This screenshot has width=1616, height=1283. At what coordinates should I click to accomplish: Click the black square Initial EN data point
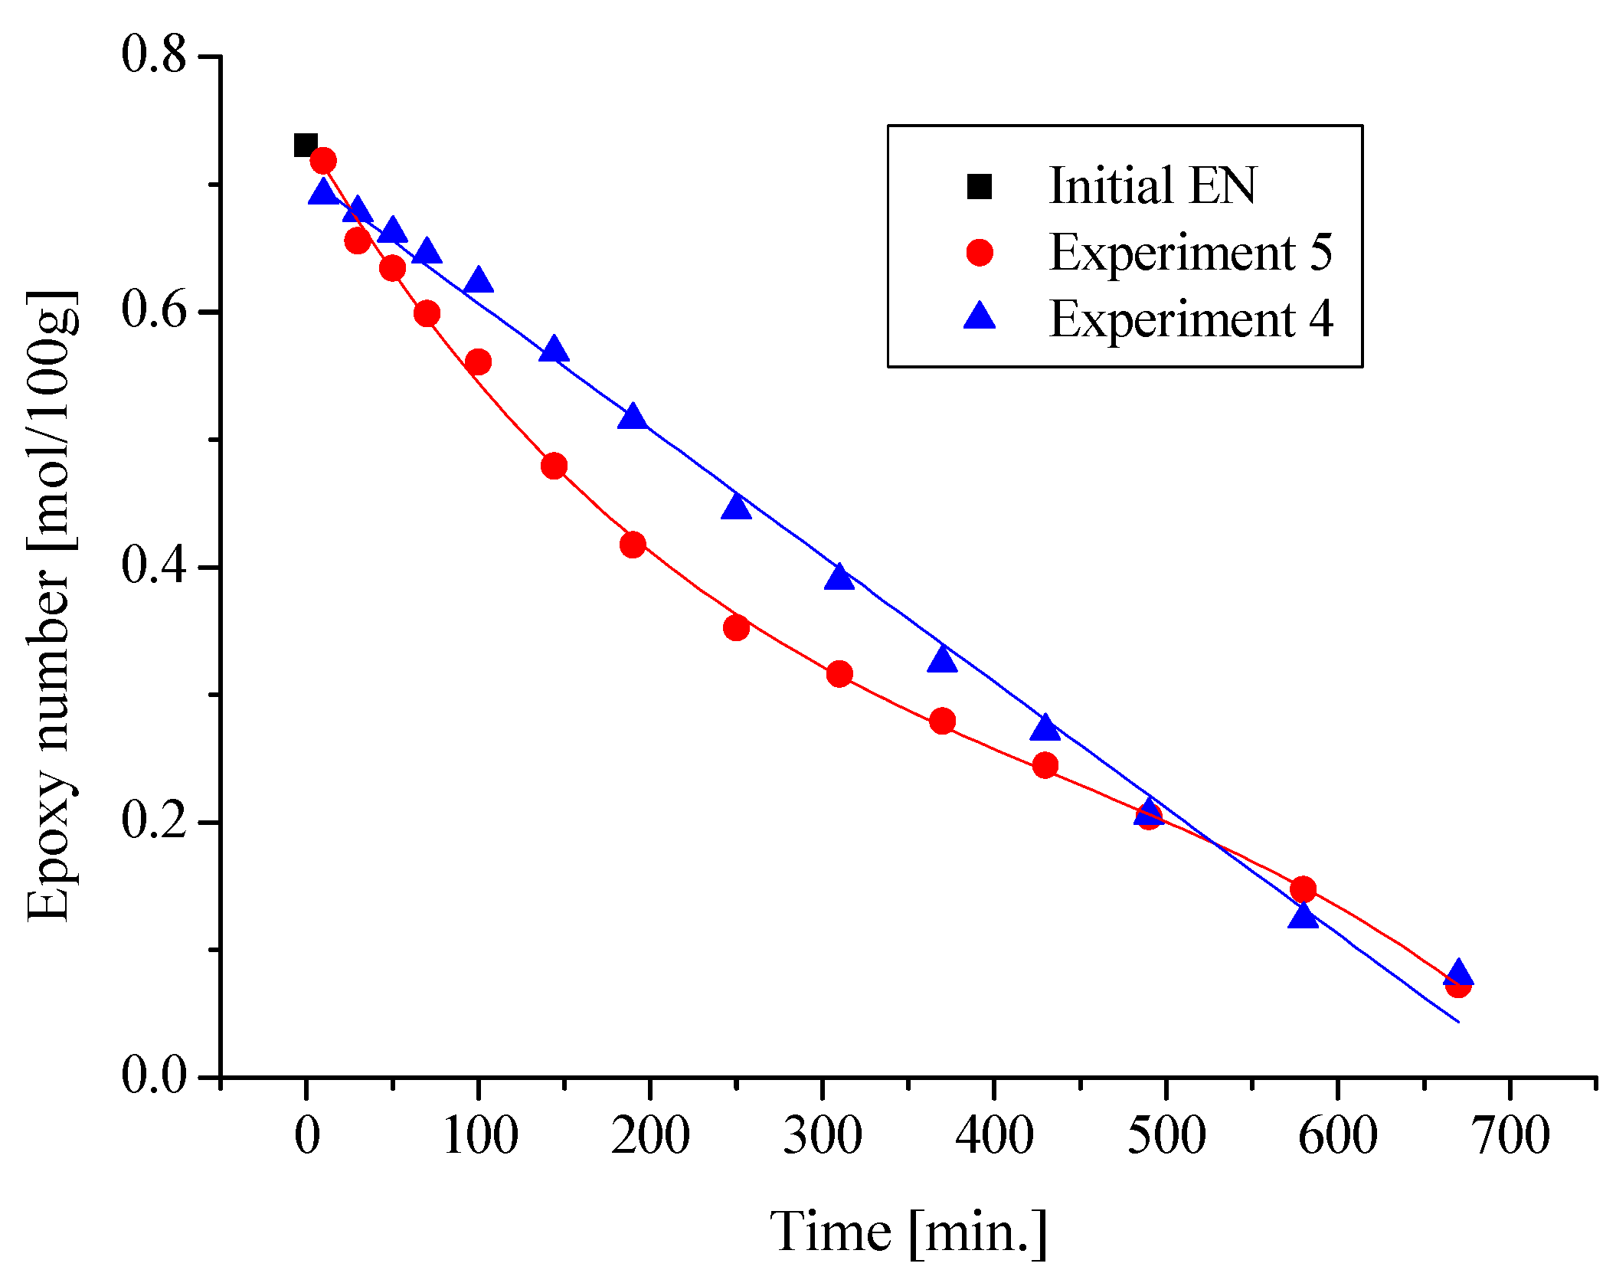[x=306, y=145]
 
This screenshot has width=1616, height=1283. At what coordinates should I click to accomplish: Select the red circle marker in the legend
[x=980, y=253]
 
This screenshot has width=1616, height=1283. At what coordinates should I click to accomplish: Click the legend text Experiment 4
[x=1191, y=319]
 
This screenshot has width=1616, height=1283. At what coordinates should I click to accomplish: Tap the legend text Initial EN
[x=1152, y=186]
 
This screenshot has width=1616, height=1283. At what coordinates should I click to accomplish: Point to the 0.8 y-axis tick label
[x=154, y=55]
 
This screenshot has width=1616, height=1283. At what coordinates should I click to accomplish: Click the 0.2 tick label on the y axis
[x=154, y=821]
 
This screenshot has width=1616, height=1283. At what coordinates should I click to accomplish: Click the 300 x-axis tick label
[x=823, y=1135]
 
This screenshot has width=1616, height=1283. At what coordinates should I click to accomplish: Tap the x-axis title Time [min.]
[x=908, y=1232]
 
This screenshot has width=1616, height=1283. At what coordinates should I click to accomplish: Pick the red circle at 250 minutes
[x=736, y=628]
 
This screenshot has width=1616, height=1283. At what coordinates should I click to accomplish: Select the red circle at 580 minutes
[x=1303, y=889]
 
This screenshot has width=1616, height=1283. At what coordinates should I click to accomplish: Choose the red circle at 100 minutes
[x=478, y=362]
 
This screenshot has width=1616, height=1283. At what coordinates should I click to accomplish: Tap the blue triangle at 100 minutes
[x=478, y=281]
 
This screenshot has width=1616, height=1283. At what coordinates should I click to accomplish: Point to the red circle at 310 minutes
[x=839, y=674]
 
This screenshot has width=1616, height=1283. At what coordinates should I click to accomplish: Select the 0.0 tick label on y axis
[x=154, y=1076]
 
